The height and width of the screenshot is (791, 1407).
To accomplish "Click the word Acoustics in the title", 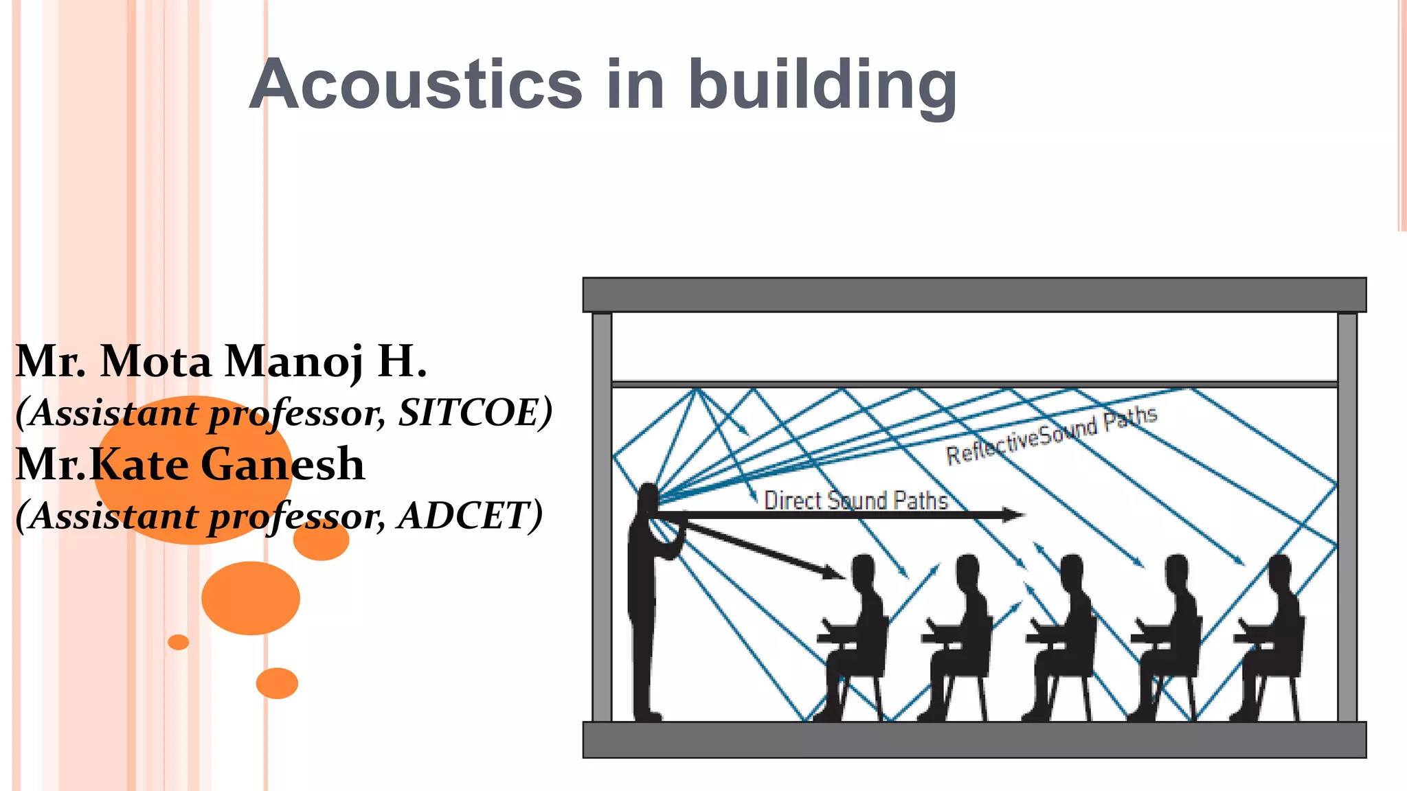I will [416, 84].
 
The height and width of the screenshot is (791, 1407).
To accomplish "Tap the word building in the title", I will [822, 86].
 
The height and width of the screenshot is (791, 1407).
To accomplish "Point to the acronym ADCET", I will [470, 516].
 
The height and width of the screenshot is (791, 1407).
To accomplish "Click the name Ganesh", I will [283, 464].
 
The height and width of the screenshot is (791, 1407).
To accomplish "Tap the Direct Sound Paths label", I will [855, 500].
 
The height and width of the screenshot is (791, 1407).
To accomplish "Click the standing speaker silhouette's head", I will [648, 496].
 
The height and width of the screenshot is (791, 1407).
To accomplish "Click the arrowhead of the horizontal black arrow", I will [1013, 514].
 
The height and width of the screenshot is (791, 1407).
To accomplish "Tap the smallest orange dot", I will [178, 642].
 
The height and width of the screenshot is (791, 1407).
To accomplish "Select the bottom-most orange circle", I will [277, 683].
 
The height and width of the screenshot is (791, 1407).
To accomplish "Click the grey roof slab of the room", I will [974, 295].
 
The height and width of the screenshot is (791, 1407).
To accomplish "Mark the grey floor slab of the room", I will [974, 740].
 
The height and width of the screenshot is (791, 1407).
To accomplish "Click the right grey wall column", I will [1347, 515].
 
